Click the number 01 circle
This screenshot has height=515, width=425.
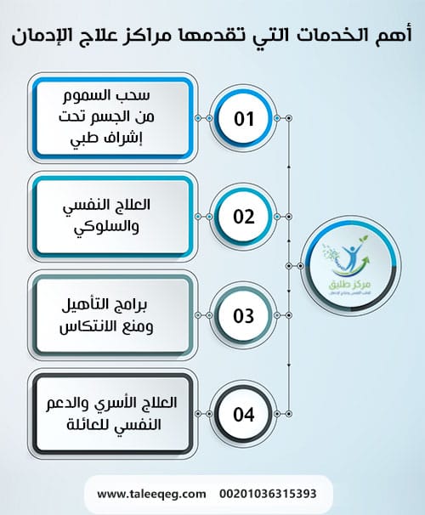244,118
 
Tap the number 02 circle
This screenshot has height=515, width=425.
244,216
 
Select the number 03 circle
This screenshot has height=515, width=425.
244,316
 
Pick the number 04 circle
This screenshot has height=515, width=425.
244,416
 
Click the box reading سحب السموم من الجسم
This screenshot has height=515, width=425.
110,118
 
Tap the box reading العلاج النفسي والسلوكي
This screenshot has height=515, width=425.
110,216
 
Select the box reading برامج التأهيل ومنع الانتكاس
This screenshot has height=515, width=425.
110,316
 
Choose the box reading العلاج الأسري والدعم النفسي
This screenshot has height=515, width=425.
110,416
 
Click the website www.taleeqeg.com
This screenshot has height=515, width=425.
152,493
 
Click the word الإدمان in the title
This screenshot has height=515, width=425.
42,37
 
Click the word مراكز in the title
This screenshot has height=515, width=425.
156,37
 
